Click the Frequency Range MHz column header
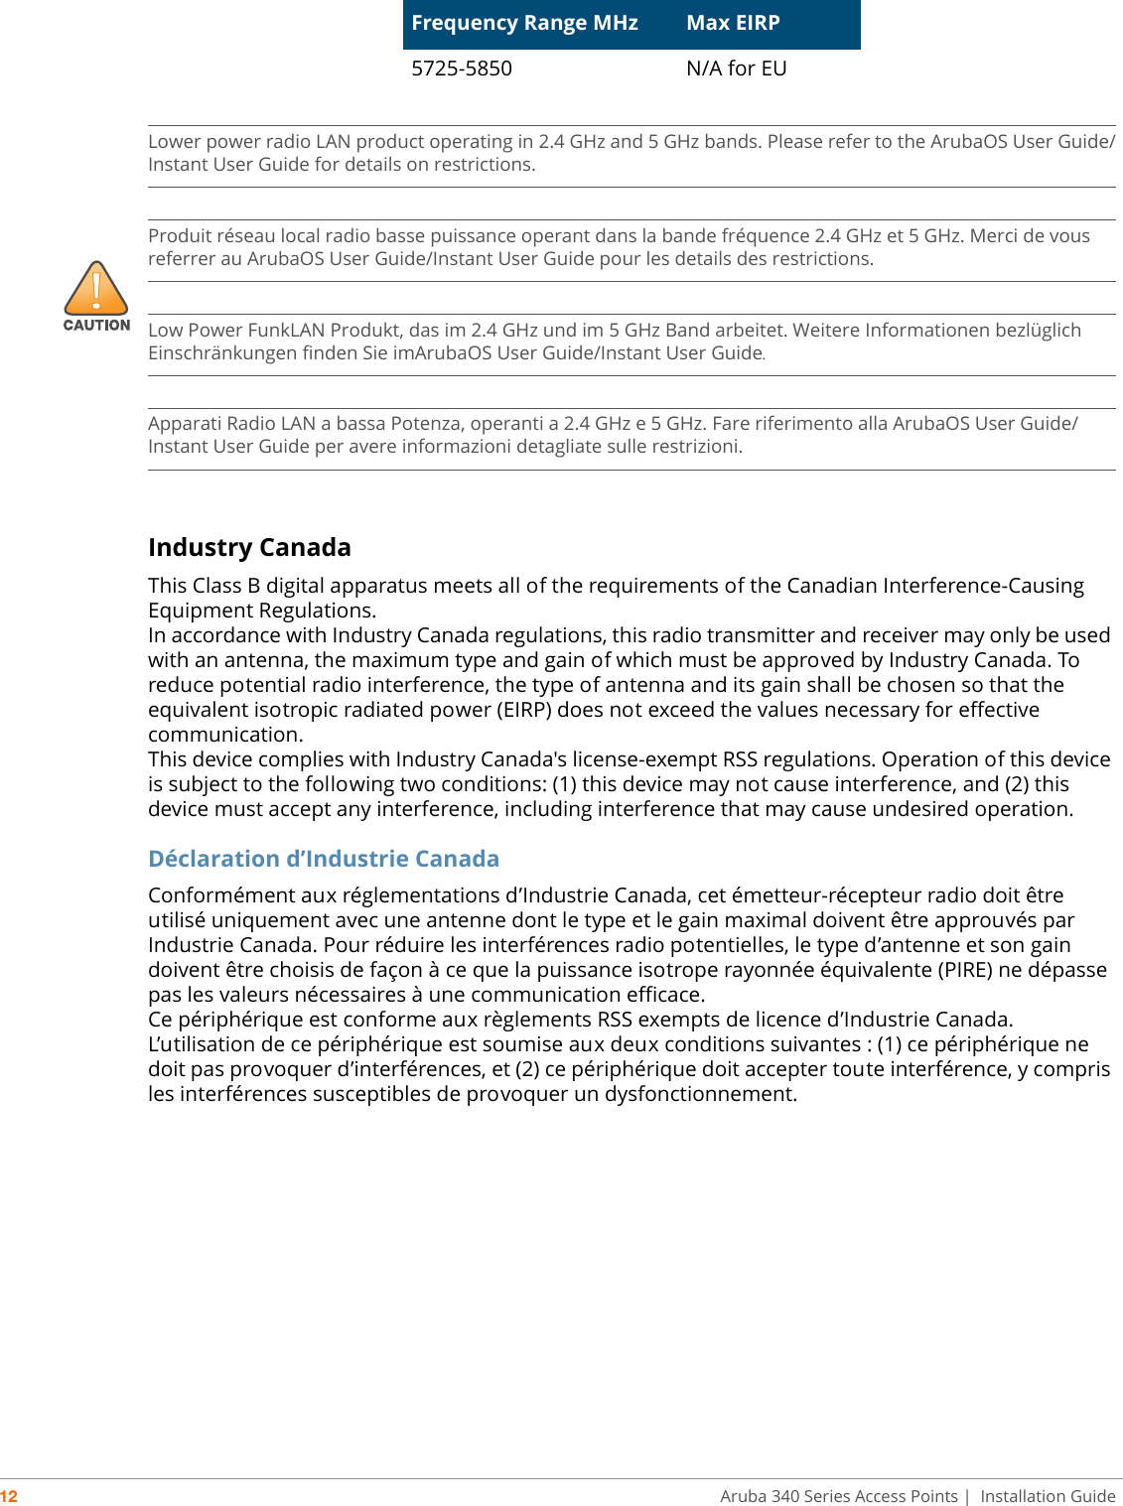coord(524,23)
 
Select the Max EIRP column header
coord(733,23)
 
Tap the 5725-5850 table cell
coord(462,68)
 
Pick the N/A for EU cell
coord(736,68)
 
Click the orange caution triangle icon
coord(96,289)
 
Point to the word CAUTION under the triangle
coord(96,325)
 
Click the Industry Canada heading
coord(249,547)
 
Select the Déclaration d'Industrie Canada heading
coord(324,859)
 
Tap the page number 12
coord(9,1496)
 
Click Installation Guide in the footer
coord(1048,1496)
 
